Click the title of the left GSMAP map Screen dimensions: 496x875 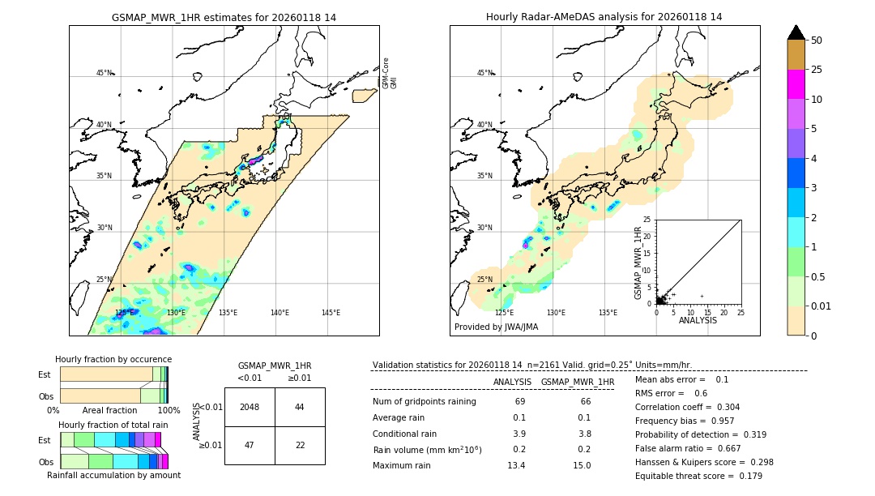(224, 17)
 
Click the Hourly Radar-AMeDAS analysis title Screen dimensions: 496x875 (604, 17)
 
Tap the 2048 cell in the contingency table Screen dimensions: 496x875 (250, 407)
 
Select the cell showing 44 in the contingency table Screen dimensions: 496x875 (300, 407)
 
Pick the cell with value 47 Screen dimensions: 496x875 (250, 445)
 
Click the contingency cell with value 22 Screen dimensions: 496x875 (300, 445)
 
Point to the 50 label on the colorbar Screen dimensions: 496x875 (817, 41)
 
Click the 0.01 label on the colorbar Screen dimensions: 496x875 (822, 306)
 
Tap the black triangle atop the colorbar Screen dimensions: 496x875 (796, 32)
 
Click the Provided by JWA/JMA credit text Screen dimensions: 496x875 (496, 327)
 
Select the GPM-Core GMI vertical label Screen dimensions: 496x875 (390, 73)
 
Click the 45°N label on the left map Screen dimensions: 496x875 (104, 73)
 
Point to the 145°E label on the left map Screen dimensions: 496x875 (331, 313)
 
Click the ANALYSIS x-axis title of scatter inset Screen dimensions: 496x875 (698, 320)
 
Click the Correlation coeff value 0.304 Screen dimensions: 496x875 (723, 407)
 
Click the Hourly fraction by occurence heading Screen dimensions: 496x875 (113, 359)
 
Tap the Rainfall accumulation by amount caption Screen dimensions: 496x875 (113, 475)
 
